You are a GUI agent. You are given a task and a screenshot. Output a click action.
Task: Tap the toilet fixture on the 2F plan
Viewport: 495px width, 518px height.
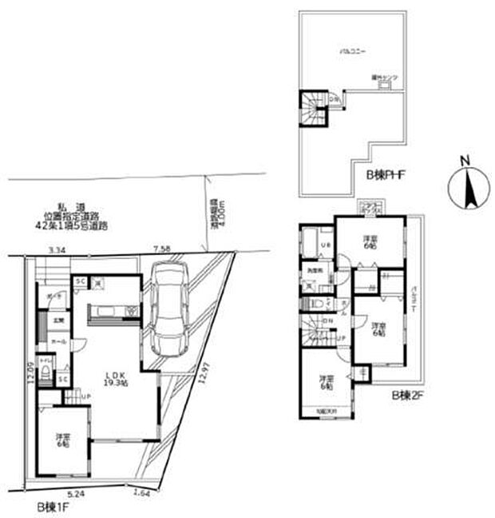coord(318,304)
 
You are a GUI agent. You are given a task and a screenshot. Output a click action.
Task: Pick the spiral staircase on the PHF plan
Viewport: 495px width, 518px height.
coord(314,110)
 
